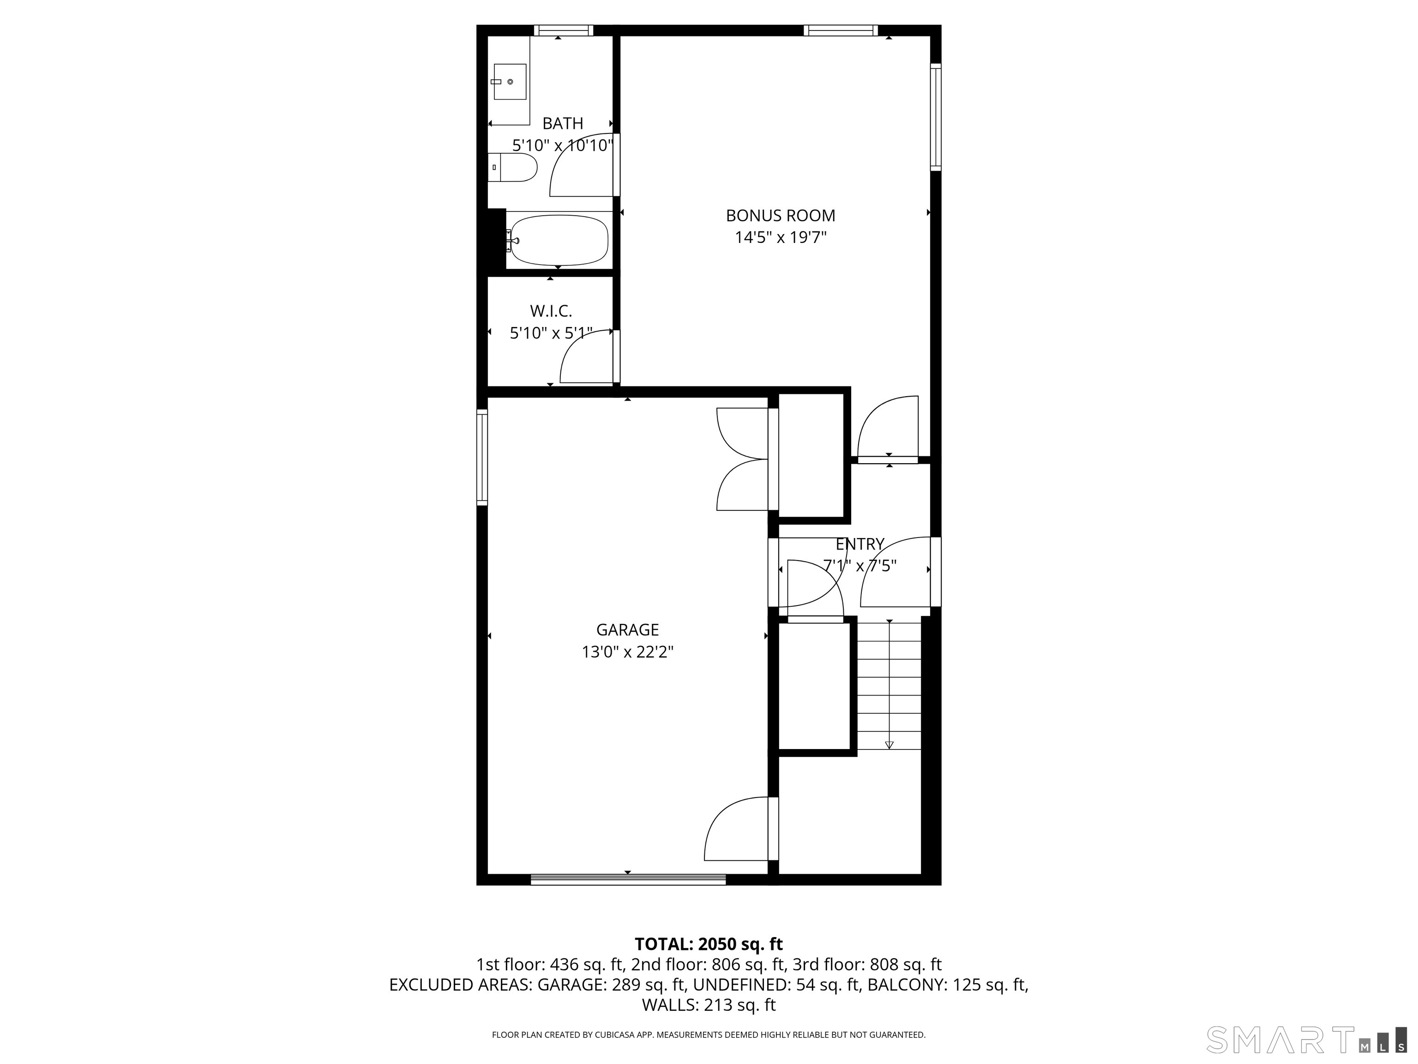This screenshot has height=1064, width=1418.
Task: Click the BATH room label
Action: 563,123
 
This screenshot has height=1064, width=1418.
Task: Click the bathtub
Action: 558,241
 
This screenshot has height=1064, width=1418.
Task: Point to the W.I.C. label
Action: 551,311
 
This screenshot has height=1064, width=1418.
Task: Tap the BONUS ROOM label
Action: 780,216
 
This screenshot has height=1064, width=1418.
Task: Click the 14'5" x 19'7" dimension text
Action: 780,238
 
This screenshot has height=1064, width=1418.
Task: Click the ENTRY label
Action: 859,544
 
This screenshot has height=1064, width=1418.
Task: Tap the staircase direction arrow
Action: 889,744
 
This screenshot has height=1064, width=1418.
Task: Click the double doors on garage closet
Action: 742,459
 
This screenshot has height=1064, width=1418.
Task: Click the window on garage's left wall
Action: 482,457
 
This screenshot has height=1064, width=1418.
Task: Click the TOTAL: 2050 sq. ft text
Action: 709,944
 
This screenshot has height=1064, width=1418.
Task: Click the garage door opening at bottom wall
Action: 628,879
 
